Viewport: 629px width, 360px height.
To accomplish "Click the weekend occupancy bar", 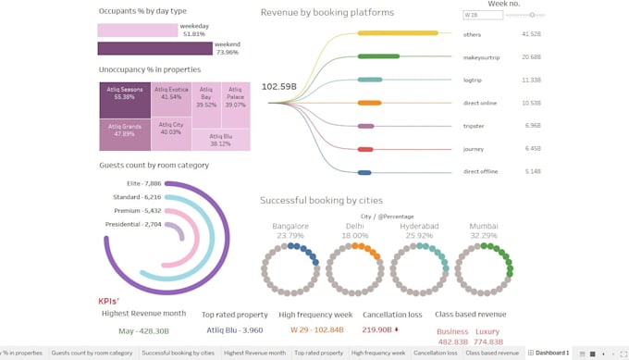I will coord(154,48).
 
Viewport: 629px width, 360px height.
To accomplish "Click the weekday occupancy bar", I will coord(137,30).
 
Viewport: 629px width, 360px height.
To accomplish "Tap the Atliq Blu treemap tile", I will coord(220,140).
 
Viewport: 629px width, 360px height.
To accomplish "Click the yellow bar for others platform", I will coord(398,33).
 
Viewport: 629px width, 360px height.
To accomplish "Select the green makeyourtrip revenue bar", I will coord(378,56).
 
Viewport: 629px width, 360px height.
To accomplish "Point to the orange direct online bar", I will coord(369,103).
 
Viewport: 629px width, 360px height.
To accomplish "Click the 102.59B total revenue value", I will coord(278,87).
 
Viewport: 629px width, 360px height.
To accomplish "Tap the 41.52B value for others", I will coord(531,34).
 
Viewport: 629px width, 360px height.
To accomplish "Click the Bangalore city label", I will coord(290,226).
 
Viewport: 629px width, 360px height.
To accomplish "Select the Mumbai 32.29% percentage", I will coord(484,236).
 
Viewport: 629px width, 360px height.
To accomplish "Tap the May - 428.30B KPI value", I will coord(143,330).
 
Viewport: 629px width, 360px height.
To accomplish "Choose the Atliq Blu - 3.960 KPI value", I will coord(235,330).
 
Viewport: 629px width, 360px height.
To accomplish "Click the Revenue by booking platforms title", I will coord(327,13).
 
